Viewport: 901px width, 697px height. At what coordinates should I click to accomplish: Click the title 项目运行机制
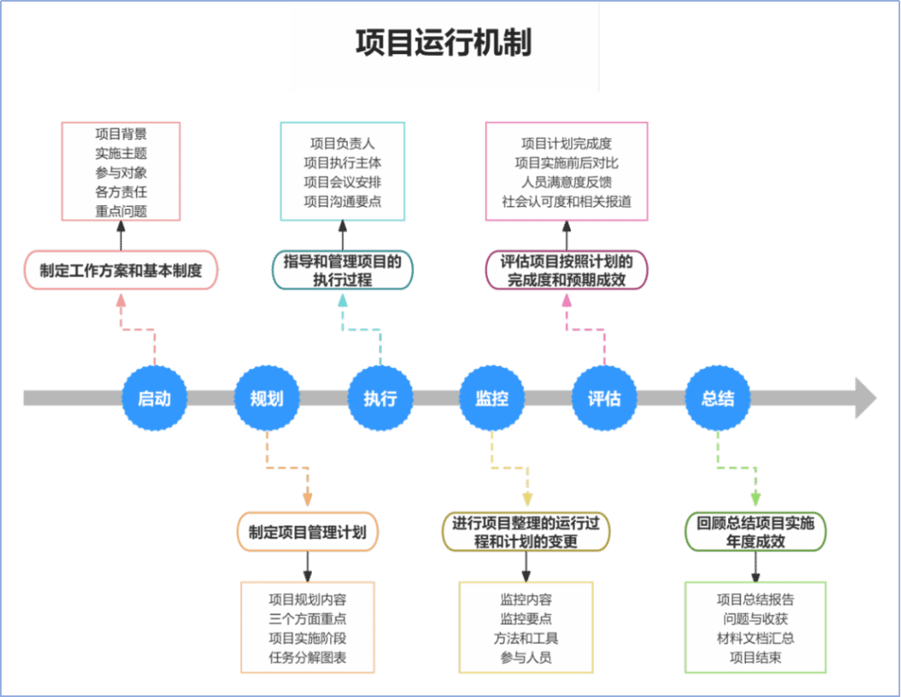(x=444, y=43)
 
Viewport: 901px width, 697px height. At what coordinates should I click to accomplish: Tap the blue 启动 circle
(x=154, y=398)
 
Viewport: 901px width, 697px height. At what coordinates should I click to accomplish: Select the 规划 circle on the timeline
(x=267, y=398)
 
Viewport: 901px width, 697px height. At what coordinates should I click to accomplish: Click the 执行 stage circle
(x=380, y=398)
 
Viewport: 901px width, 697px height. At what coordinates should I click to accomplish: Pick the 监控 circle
(x=492, y=398)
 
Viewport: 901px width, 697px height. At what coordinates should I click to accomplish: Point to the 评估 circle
(x=604, y=398)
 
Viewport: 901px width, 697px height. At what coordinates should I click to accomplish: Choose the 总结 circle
(x=717, y=398)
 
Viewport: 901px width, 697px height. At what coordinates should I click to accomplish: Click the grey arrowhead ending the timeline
(x=866, y=398)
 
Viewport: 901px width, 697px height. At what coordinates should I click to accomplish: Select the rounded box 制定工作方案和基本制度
(x=121, y=270)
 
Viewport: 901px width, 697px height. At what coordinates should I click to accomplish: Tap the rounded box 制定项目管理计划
(x=307, y=532)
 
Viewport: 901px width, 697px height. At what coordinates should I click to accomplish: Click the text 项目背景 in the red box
(x=121, y=133)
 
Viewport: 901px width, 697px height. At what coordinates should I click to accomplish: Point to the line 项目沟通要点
(x=343, y=202)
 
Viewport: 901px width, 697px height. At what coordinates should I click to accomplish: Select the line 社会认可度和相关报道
(x=566, y=202)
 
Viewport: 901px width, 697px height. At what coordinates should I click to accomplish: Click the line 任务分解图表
(x=307, y=657)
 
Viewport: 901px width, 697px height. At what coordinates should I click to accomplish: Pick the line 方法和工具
(x=526, y=638)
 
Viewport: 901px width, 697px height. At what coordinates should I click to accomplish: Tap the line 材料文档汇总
(x=755, y=638)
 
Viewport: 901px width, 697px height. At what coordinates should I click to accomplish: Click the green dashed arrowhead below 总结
(x=756, y=499)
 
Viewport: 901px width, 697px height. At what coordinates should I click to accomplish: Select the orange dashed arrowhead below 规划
(x=307, y=499)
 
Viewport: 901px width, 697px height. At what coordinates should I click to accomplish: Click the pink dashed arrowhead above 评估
(x=566, y=300)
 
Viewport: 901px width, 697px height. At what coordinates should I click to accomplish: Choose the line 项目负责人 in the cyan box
(x=343, y=143)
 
